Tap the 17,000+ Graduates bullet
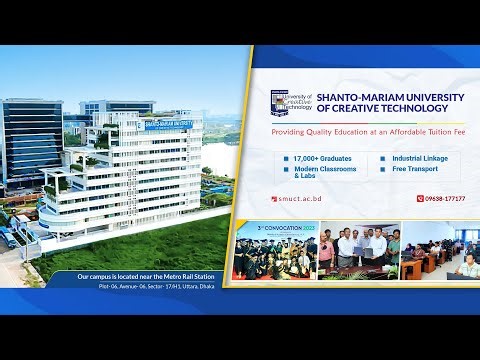click(318, 158)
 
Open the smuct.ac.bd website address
click(301, 198)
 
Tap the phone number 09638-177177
click(445, 198)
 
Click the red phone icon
click(421, 198)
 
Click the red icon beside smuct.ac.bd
click(275, 198)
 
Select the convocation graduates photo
click(274, 252)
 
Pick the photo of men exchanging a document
click(359, 252)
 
